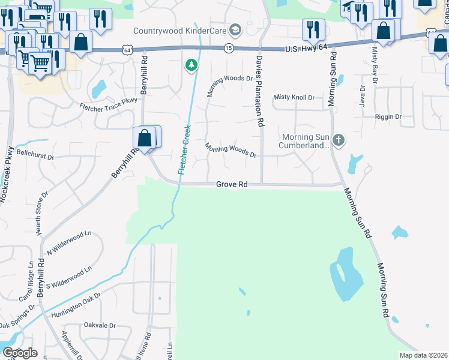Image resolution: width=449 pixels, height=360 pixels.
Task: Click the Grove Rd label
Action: pyautogui.click(x=232, y=185)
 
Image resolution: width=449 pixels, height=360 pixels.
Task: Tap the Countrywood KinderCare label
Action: pyautogui.click(x=180, y=31)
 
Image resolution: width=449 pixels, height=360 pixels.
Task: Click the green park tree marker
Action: pyautogui.click(x=191, y=64)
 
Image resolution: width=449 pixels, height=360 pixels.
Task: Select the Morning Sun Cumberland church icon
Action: pyautogui.click(x=339, y=140)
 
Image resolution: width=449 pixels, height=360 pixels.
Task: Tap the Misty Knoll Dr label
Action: pyautogui.click(x=294, y=97)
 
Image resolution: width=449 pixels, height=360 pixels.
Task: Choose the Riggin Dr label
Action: pyautogui.click(x=388, y=117)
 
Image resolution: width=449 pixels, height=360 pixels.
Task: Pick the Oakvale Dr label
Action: pyautogui.click(x=100, y=325)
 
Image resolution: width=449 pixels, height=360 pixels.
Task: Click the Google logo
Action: pyautogui.click(x=20, y=353)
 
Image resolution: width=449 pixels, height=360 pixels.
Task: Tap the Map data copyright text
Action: pyautogui.click(x=424, y=355)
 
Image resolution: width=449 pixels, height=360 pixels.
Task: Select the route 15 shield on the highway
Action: pyautogui.click(x=228, y=47)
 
